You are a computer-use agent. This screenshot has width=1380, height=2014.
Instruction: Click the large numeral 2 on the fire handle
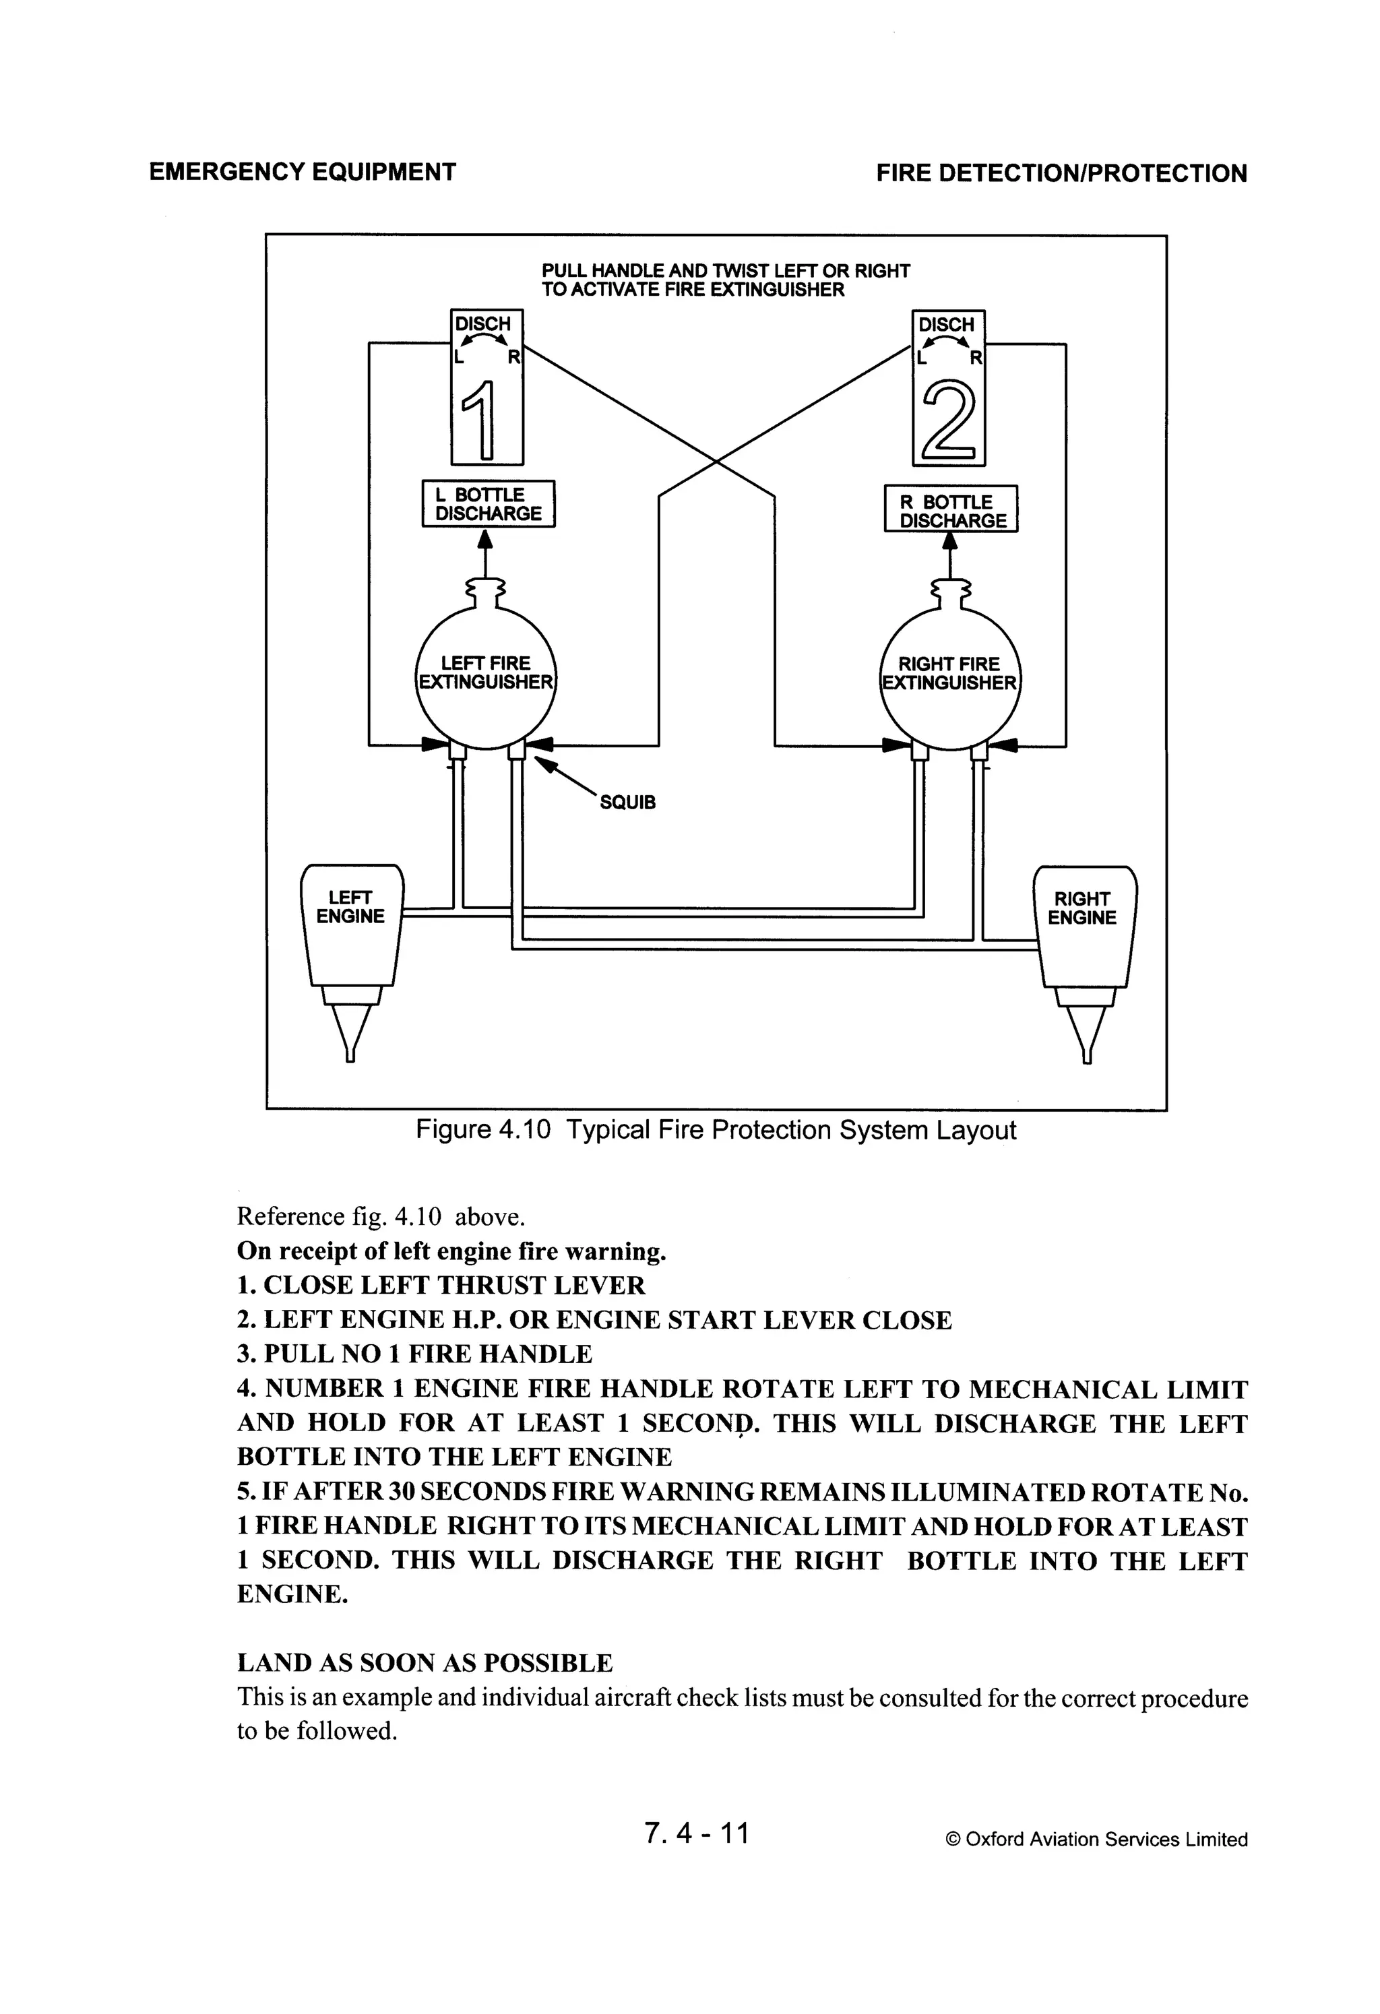(949, 422)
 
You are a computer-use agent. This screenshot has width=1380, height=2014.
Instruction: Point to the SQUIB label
(627, 803)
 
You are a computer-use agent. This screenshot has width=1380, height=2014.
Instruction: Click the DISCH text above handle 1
(483, 324)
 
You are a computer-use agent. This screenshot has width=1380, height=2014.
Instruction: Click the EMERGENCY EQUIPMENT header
(303, 172)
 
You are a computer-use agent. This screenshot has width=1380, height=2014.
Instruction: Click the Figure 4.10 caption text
(716, 1130)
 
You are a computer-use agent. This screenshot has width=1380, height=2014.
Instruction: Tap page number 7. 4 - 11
(697, 1833)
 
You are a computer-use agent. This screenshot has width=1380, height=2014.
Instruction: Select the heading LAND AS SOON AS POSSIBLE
(425, 1663)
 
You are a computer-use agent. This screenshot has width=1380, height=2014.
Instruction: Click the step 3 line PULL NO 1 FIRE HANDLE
(414, 1354)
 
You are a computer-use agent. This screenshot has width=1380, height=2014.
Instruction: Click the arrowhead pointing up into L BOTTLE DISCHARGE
(485, 539)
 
